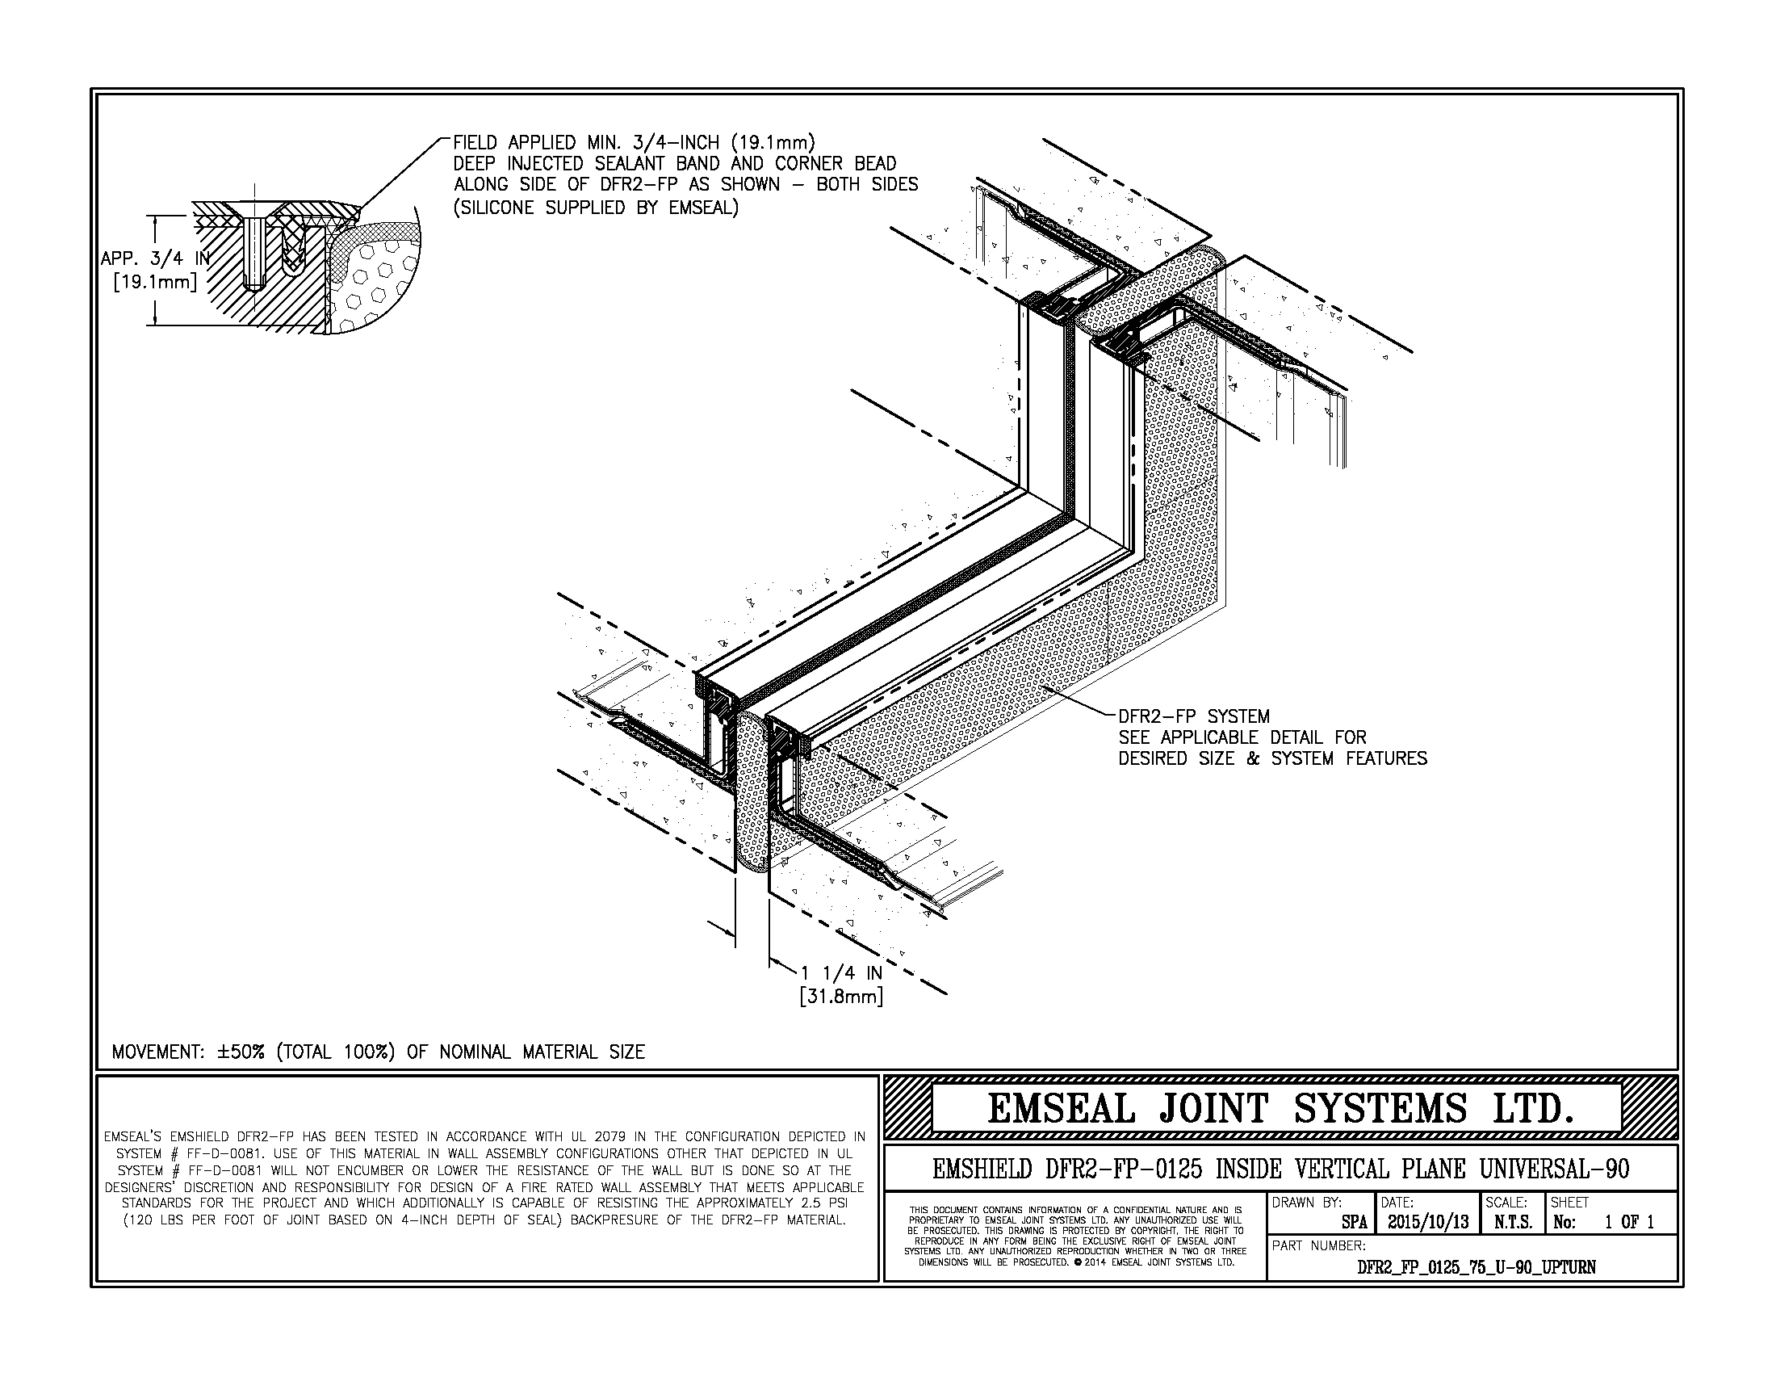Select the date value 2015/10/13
point(1427,1222)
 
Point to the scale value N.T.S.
point(1512,1222)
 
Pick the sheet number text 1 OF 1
point(1630,1222)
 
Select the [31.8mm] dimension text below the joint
point(841,996)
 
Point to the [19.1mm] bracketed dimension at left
point(154,283)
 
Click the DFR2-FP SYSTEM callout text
point(1194,716)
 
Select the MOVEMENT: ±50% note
point(378,1052)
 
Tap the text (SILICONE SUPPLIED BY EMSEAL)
point(596,208)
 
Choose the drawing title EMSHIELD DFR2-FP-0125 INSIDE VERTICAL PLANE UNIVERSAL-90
point(1280,1169)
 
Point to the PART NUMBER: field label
point(1318,1245)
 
